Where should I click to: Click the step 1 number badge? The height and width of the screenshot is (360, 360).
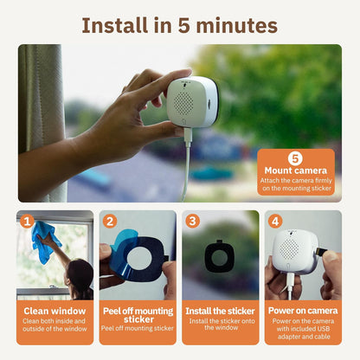pyautogui.click(x=27, y=222)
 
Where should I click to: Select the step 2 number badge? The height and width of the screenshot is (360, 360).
pyautogui.click(x=110, y=222)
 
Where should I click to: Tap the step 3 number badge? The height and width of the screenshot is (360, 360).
pyautogui.click(x=193, y=222)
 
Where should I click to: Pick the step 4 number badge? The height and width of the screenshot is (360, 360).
pyautogui.click(x=275, y=222)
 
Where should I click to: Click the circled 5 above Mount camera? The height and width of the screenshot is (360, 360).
pyautogui.click(x=294, y=158)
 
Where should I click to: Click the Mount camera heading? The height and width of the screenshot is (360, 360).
pyautogui.click(x=294, y=171)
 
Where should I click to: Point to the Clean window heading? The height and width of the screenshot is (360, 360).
pyautogui.click(x=55, y=310)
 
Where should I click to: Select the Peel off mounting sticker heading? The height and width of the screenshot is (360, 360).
pyautogui.click(x=138, y=314)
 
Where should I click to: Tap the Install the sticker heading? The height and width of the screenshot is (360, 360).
pyautogui.click(x=221, y=310)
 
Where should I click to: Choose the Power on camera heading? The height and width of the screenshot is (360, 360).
pyautogui.click(x=303, y=310)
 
